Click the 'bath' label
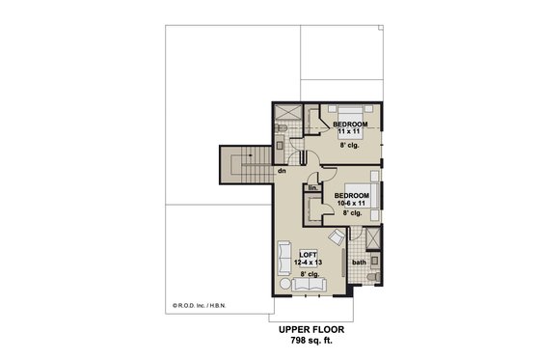[x=359, y=263]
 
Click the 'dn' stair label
[x=282, y=171]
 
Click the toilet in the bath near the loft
[x=373, y=279]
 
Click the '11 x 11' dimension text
[x=348, y=133]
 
